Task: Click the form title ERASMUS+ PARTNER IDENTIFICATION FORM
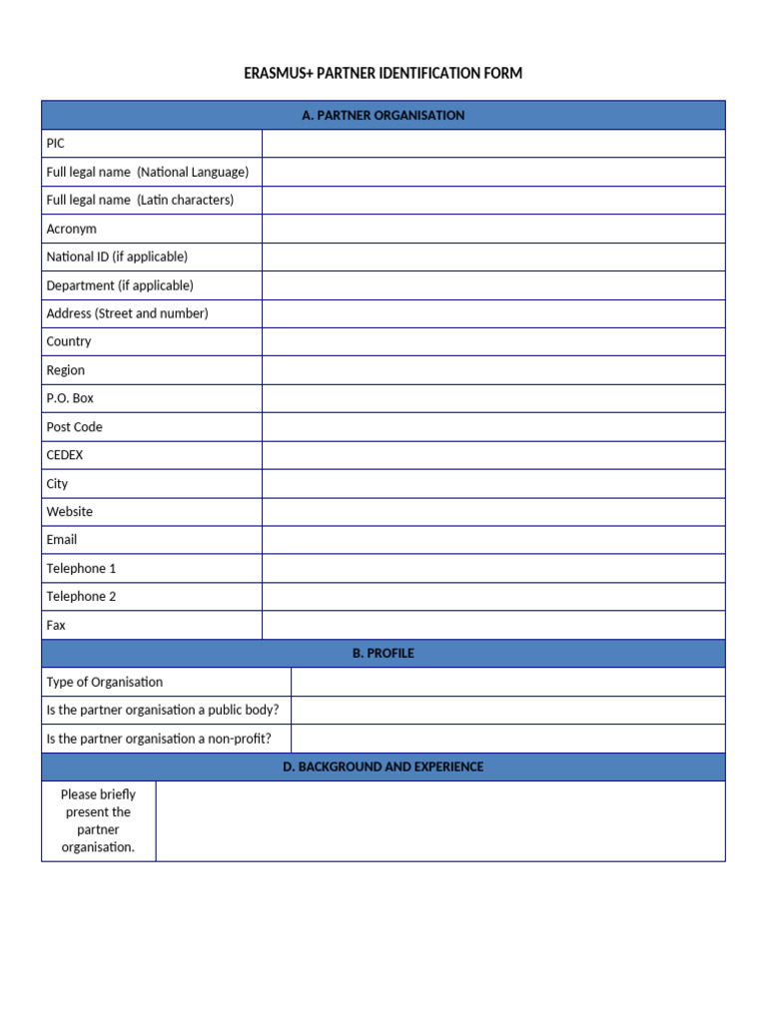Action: (383, 74)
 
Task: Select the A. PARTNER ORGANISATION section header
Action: (383, 116)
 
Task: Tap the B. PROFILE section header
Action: (383, 654)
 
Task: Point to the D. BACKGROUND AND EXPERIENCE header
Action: (383, 767)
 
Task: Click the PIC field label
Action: (56, 144)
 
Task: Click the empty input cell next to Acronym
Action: (493, 229)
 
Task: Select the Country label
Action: (69, 341)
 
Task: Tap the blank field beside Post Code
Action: (493, 427)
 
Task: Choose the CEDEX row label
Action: (65, 455)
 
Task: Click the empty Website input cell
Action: (493, 512)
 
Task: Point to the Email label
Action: (62, 540)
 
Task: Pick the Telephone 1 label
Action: (82, 569)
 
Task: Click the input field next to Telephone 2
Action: (493, 597)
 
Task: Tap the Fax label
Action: (56, 626)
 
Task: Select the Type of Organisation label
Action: (105, 683)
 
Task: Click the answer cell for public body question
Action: (507, 711)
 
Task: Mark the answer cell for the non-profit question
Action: (507, 740)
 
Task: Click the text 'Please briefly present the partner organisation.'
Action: (98, 821)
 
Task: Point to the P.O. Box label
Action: (70, 398)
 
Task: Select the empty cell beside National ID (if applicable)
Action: (493, 257)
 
